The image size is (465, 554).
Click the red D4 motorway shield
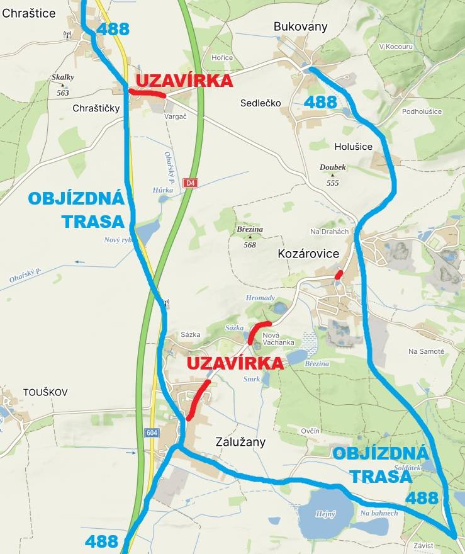[191, 183]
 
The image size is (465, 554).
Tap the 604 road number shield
[151, 432]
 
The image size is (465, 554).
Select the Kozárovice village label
[308, 253]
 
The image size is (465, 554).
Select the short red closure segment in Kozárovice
[339, 275]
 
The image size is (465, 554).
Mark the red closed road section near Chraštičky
[147, 93]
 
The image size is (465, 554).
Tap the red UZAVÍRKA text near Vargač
[184, 81]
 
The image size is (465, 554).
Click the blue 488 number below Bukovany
[320, 102]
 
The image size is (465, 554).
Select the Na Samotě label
[426, 351]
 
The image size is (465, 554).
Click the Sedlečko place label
[261, 103]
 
